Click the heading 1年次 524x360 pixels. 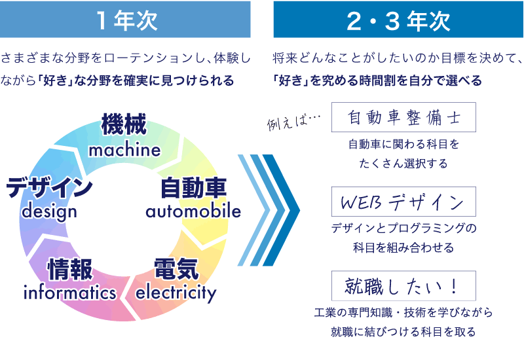pyautogui.click(x=125, y=20)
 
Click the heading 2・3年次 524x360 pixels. pyautogui.click(x=398, y=20)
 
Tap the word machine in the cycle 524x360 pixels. pyautogui.click(x=124, y=150)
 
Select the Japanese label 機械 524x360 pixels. pyautogui.click(x=124, y=126)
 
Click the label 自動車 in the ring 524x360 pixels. pyautogui.click(x=193, y=189)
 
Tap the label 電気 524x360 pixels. pyautogui.click(x=176, y=269)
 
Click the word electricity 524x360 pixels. pyautogui.click(x=176, y=292)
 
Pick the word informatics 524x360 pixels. pyautogui.click(x=70, y=293)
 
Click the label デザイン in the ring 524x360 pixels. pyautogui.click(x=49, y=189)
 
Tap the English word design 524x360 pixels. pyautogui.click(x=49, y=212)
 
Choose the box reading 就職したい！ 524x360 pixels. pyautogui.click(x=403, y=286)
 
